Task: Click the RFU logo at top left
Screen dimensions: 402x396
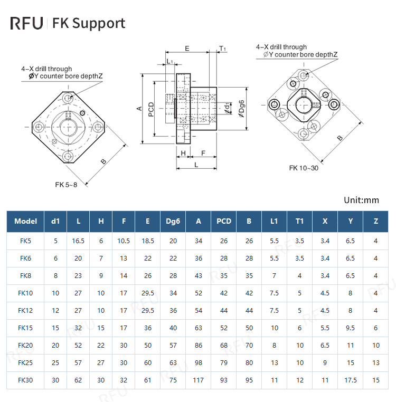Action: pos(27,23)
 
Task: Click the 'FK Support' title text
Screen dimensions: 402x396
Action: pos(88,23)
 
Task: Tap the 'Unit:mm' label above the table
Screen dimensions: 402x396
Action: pos(361,200)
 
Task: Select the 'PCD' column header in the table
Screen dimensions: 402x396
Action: pos(224,221)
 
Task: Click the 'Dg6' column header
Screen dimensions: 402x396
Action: pos(173,221)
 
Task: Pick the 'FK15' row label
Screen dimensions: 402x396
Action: pos(25,328)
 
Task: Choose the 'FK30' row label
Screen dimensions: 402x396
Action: pos(25,380)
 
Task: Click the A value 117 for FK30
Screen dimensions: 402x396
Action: pos(199,380)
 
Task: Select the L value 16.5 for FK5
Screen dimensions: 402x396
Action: pos(78,241)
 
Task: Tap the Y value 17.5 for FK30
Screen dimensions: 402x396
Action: pos(350,380)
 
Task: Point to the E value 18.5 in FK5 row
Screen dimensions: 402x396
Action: pos(147,241)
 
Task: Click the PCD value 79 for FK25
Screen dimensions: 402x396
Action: pos(224,362)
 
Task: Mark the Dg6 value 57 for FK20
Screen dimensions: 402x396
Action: pos(173,345)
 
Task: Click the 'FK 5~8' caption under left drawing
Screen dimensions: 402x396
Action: pos(66,185)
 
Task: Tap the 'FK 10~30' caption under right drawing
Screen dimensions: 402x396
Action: pos(304,168)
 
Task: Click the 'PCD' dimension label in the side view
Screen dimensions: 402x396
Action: pos(152,109)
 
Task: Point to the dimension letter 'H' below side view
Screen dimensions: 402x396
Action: pos(183,153)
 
